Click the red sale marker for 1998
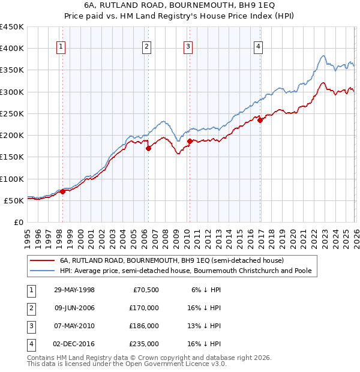click(62, 192)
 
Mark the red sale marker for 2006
click(148, 149)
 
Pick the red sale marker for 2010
click(190, 142)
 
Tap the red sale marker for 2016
click(260, 120)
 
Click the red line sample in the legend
click(42, 261)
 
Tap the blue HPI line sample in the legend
click(42, 271)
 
